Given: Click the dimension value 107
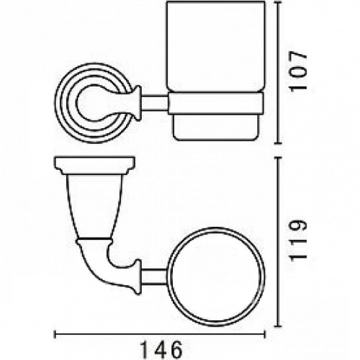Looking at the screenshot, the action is click(x=298, y=71).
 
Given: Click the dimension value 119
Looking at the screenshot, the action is click(x=298, y=240).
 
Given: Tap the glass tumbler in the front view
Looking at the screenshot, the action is click(x=216, y=71).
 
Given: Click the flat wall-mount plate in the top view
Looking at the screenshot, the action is click(x=94, y=164).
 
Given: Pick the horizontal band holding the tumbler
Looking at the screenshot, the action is click(x=216, y=104).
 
